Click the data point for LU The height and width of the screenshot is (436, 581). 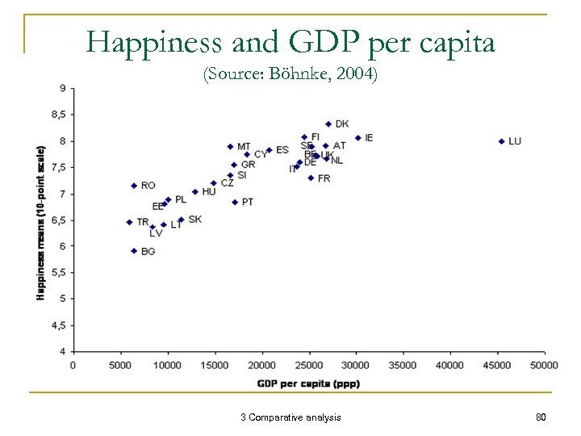tap(501, 141)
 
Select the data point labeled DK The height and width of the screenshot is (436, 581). tap(328, 124)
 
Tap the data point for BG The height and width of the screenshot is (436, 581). tap(134, 251)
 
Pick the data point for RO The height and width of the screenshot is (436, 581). tap(134, 186)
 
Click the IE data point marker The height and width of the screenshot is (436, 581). tap(357, 138)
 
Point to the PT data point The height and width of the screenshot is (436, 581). tap(235, 202)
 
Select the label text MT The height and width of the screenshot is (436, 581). tap(244, 147)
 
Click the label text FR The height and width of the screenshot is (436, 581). tap(324, 178)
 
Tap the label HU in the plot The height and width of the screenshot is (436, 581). tap(209, 192)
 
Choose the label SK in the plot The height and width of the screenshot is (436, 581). tap(194, 220)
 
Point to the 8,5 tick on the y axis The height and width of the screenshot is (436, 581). tap(59, 115)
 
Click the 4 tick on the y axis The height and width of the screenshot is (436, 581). tap(63, 351)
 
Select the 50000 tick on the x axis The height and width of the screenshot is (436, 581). tap(544, 366)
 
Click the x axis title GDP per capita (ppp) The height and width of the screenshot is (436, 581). tap(309, 384)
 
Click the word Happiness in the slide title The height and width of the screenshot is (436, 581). tap(146, 42)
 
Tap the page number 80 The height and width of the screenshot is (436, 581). tap(541, 417)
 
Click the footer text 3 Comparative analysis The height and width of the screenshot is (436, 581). tap(290, 417)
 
